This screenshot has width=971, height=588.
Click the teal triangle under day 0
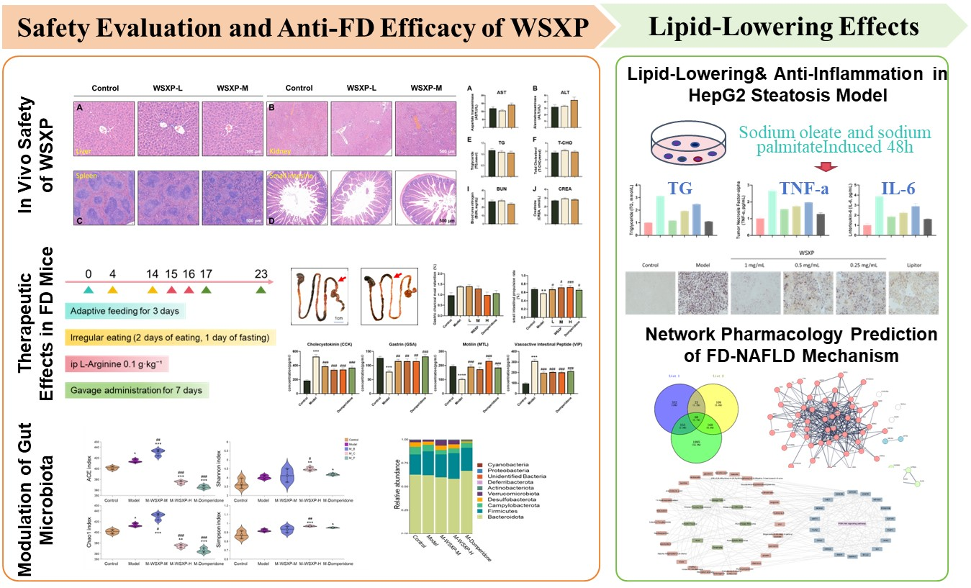88,289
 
